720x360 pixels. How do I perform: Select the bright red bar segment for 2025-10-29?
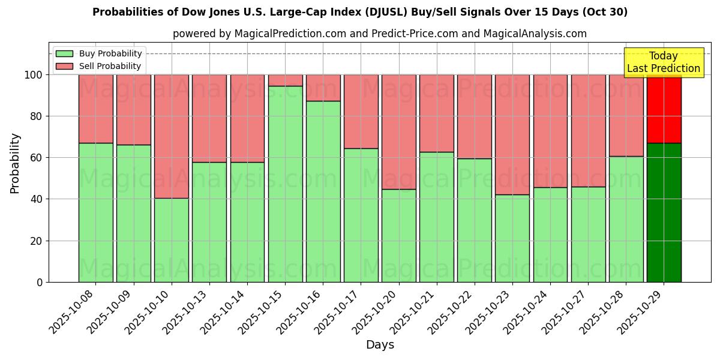click(x=664, y=109)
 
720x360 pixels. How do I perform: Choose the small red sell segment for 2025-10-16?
click(x=323, y=88)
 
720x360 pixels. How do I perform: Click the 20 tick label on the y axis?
click(x=37, y=241)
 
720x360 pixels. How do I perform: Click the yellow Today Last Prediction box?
click(x=663, y=62)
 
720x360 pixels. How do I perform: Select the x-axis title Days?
click(x=380, y=345)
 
